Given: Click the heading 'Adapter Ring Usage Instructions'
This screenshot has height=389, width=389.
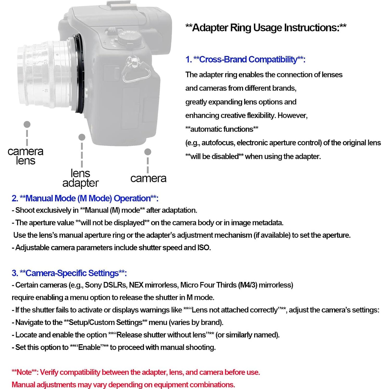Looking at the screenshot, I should click(x=266, y=28).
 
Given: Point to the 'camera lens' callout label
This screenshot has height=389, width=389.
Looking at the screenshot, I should click(x=26, y=156).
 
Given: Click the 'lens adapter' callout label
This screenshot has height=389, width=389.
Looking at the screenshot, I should click(x=80, y=178).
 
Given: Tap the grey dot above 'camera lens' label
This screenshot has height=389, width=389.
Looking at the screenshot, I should click(x=27, y=124).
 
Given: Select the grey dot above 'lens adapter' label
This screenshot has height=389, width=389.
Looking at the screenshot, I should click(x=82, y=137).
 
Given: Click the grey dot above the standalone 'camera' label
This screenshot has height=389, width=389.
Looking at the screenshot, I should click(x=148, y=152).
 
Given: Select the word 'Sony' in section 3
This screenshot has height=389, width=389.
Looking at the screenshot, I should click(x=93, y=285).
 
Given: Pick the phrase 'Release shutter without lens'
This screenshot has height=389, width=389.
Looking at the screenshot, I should click(x=161, y=335).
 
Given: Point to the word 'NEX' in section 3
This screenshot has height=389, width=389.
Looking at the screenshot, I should click(x=136, y=285).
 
